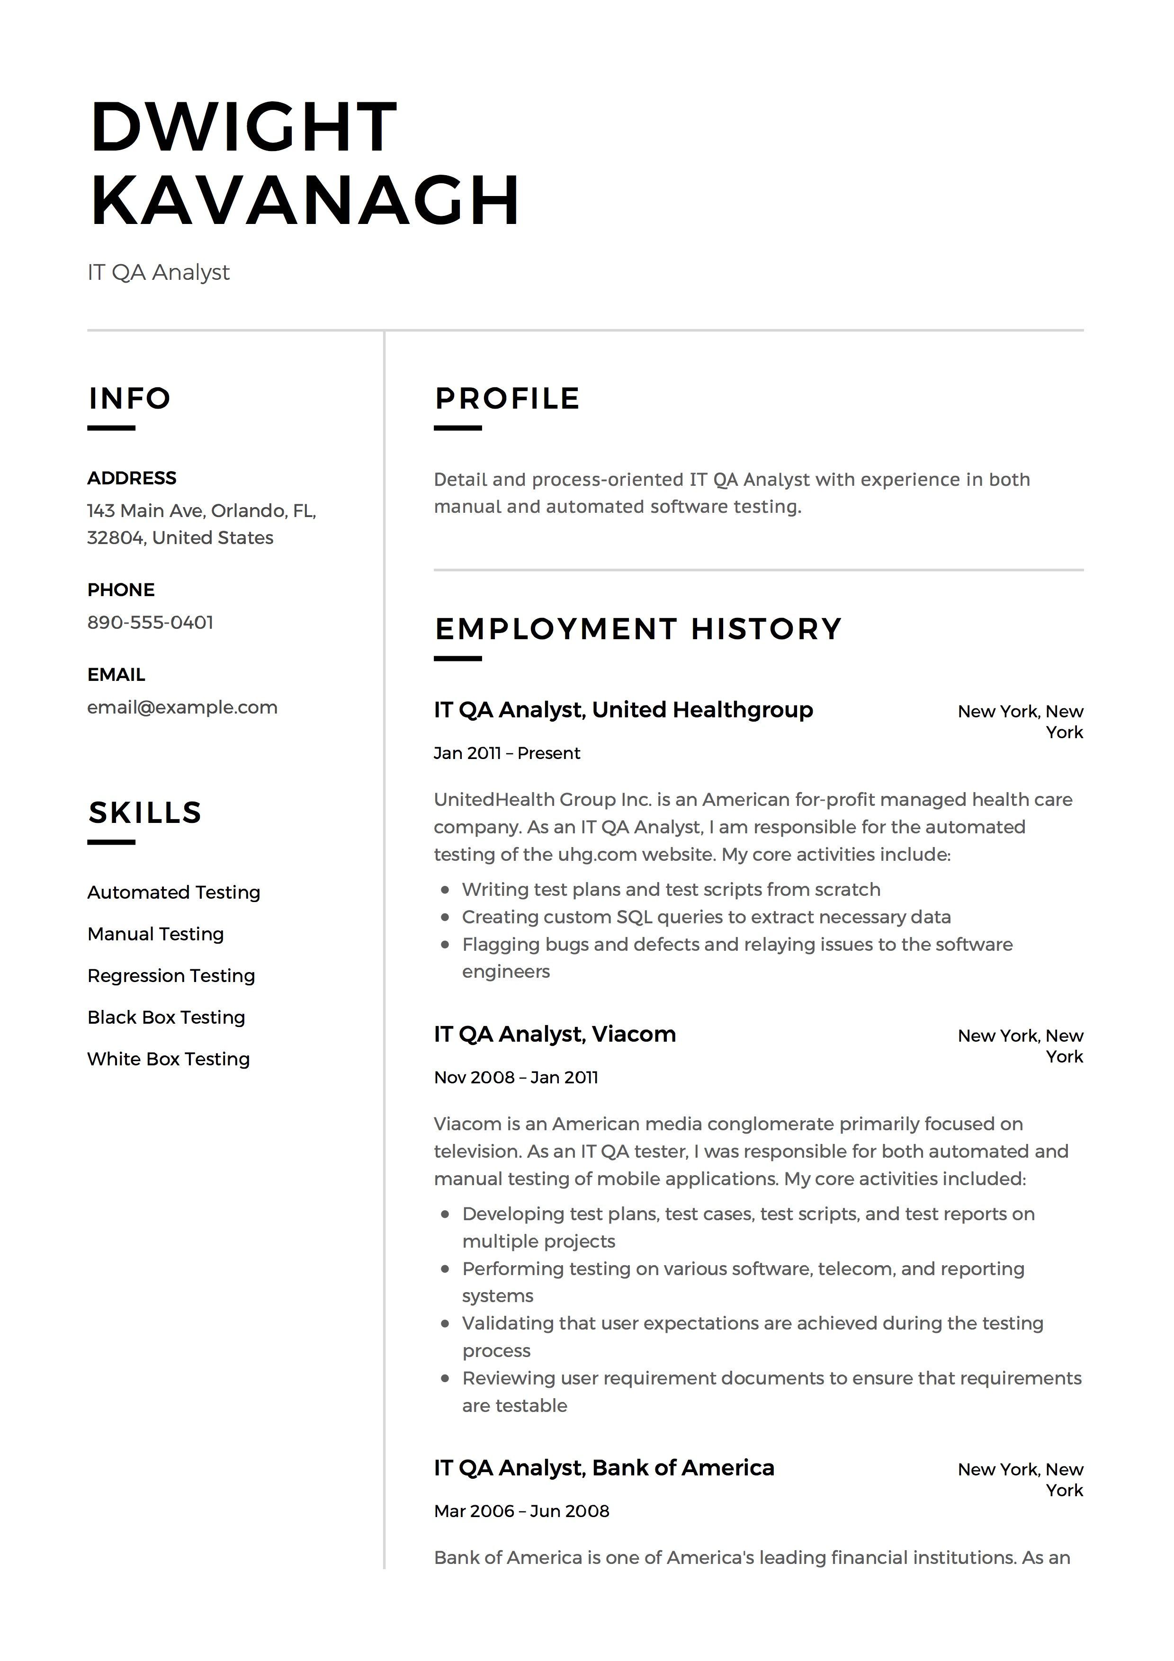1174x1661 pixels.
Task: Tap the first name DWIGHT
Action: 244,127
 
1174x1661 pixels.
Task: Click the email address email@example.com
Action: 182,707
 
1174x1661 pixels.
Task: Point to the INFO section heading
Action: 129,399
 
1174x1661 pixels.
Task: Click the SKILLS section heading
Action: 144,813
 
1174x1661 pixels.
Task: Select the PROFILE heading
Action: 507,399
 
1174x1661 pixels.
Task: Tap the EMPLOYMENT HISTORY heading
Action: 638,629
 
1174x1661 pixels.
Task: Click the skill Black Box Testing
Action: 166,1017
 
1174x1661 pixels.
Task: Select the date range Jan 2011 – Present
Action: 506,753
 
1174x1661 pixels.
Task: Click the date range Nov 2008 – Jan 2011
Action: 516,1077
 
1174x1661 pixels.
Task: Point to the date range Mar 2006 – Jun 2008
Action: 521,1511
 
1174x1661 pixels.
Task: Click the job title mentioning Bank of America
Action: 604,1468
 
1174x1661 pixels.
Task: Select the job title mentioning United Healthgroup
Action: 623,710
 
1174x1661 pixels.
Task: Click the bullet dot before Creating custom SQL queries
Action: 446,917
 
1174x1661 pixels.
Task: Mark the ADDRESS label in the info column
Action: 132,478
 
